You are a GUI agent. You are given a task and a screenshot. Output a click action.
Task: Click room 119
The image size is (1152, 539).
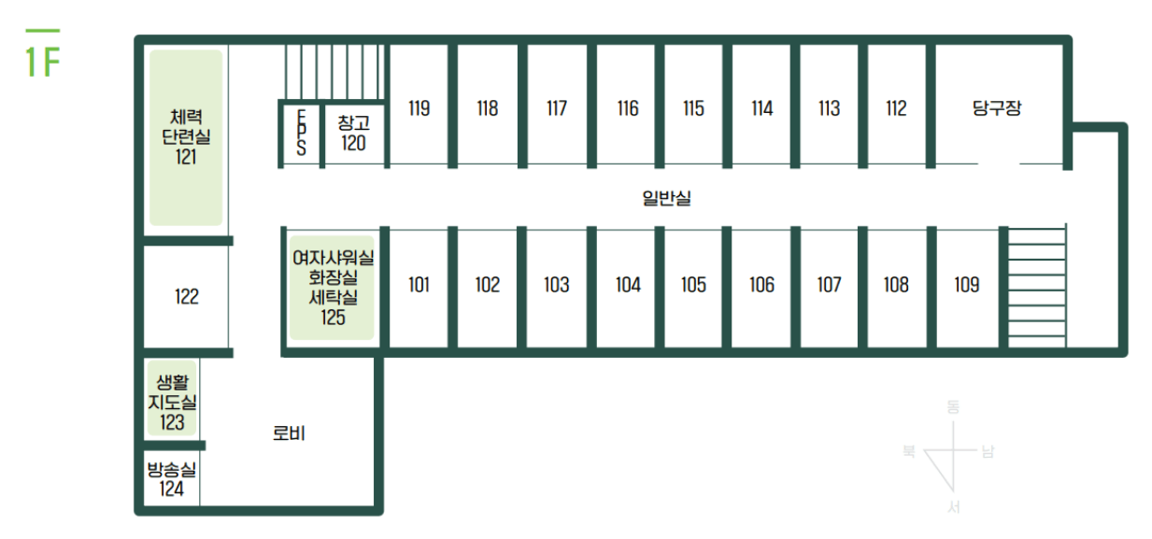pyautogui.click(x=419, y=108)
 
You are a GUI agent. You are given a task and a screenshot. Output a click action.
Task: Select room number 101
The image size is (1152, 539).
pyautogui.click(x=419, y=285)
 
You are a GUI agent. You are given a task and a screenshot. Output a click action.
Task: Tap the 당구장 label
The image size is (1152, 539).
pyautogui.click(x=997, y=108)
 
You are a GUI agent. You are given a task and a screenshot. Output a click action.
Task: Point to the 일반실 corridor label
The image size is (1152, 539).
pyautogui.click(x=666, y=198)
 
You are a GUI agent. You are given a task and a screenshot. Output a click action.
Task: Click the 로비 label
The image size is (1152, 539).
pyautogui.click(x=289, y=433)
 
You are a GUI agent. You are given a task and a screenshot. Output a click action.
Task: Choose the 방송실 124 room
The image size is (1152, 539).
pyautogui.click(x=172, y=478)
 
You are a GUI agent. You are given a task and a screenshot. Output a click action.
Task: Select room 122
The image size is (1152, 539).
pyautogui.click(x=186, y=297)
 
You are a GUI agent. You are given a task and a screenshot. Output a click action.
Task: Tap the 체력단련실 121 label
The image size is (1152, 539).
pyautogui.click(x=186, y=137)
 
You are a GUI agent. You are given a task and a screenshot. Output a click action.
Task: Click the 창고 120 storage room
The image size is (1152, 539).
pyautogui.click(x=353, y=134)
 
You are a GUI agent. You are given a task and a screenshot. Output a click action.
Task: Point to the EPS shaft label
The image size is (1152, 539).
pyautogui.click(x=301, y=134)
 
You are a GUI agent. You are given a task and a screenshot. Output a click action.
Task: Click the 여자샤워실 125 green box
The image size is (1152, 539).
pyautogui.click(x=333, y=288)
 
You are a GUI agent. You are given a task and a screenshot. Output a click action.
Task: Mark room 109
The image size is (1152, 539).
pyautogui.click(x=966, y=285)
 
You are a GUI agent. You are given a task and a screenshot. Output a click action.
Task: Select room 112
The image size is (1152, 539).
pyautogui.click(x=896, y=108)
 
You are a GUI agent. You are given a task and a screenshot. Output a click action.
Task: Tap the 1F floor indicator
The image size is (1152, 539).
pyautogui.click(x=42, y=58)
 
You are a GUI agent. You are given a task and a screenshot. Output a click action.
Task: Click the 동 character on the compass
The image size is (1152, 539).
pyautogui.click(x=953, y=407)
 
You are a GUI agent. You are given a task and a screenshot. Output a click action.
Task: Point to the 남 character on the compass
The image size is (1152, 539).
pyautogui.click(x=988, y=453)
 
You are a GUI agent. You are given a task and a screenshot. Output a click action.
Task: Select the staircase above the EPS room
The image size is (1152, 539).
pyautogui.click(x=333, y=72)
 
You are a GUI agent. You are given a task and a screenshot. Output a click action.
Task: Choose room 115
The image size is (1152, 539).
pyautogui.click(x=693, y=108)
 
